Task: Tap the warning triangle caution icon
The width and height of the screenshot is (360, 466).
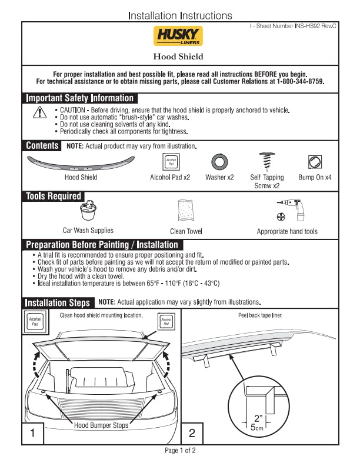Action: (x=39, y=113)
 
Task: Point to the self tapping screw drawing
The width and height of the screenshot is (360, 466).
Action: (x=267, y=161)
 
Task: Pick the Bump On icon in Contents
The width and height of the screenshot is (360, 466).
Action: (x=315, y=162)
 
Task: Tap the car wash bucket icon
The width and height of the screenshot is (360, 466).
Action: (x=88, y=210)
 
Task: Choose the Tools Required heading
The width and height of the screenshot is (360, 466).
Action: (x=54, y=196)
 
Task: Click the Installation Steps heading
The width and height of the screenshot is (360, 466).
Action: (x=58, y=302)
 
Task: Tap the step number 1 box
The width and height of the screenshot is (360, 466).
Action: (x=34, y=434)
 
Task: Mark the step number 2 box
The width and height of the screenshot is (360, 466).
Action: (x=192, y=434)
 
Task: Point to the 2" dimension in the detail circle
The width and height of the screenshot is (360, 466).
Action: (x=257, y=418)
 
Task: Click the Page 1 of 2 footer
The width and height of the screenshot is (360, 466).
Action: (x=180, y=451)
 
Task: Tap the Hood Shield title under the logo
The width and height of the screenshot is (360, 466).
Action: (x=178, y=56)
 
